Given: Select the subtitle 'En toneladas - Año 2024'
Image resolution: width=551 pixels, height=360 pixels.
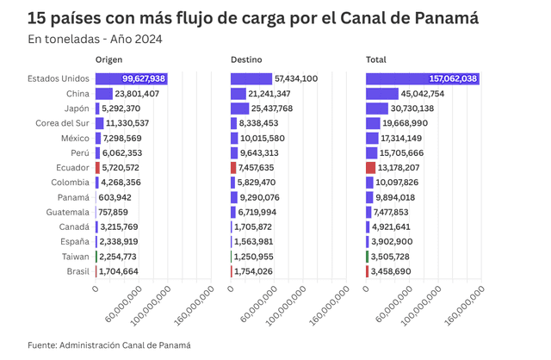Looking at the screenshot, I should [x=95, y=39].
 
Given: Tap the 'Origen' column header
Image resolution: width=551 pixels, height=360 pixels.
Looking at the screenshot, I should [x=108, y=59].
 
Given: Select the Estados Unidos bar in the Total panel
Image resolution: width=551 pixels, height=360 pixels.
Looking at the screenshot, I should [x=423, y=78].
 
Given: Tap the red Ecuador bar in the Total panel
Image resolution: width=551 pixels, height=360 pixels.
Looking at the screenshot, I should [x=370, y=168].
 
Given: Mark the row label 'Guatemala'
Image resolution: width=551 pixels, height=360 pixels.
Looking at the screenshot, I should [x=66, y=212].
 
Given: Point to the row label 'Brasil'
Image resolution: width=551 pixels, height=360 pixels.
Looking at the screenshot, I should [x=75, y=271].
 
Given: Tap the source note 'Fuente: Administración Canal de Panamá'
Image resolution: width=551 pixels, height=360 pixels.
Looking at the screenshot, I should [x=108, y=344].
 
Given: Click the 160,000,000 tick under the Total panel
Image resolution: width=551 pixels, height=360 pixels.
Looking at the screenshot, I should [x=461, y=306].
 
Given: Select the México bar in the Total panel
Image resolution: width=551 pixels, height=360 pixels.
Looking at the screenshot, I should [x=372, y=138].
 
